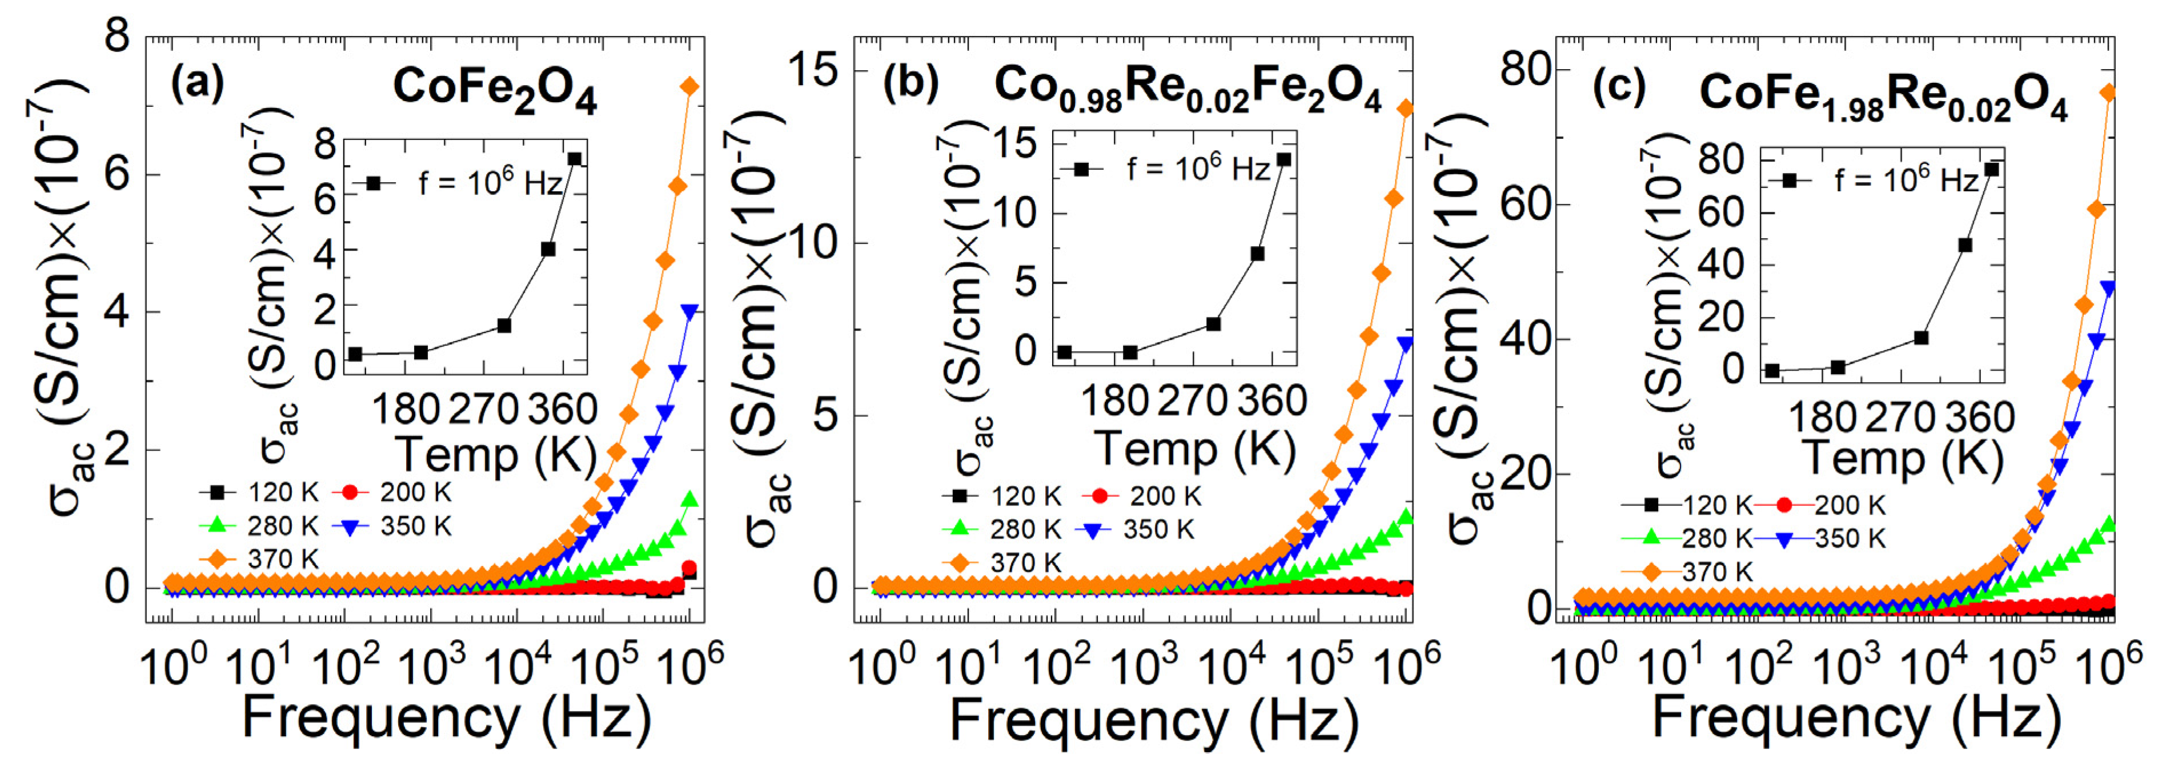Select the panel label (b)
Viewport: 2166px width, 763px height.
pos(909,83)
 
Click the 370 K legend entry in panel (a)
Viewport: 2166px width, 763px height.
pos(260,559)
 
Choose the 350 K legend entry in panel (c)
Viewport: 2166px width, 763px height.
pos(1832,539)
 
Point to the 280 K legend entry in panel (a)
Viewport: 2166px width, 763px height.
pos(260,526)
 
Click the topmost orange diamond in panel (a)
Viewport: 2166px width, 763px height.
pos(689,87)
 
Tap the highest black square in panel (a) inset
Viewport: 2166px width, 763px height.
pos(574,159)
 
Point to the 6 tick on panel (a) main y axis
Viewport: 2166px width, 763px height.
pos(117,175)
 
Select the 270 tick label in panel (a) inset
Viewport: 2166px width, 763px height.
pos(483,410)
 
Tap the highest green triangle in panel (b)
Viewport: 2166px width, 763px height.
pos(1406,516)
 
